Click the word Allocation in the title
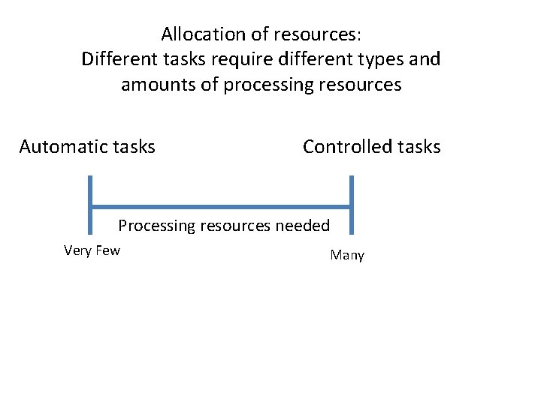coord(194,34)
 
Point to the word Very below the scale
coord(78,250)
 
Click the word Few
coord(107,250)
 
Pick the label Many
coord(347,256)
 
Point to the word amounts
coord(159,85)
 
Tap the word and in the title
coord(425,59)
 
